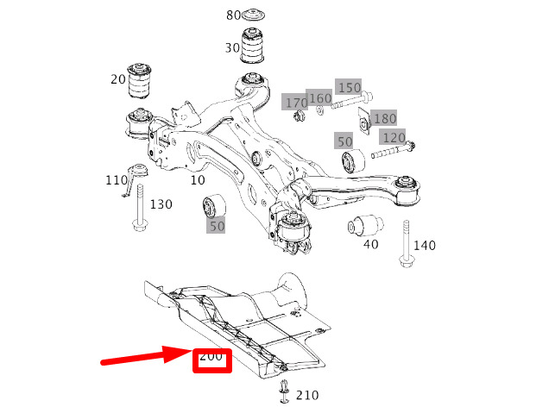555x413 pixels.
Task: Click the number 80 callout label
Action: pos(233,16)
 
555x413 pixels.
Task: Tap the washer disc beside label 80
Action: pos(253,15)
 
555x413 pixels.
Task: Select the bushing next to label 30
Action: pos(253,46)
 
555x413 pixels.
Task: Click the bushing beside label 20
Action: pos(139,80)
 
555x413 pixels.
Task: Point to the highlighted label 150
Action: pos(350,88)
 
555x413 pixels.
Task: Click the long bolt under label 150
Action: pos(351,100)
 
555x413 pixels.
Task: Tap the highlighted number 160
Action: pos(320,98)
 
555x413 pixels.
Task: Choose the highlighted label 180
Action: pos(385,118)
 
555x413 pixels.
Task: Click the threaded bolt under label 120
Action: pos(393,150)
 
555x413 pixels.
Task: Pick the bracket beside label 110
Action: pos(135,178)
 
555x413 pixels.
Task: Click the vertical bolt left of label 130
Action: pos(140,207)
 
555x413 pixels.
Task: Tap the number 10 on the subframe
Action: pos(198,180)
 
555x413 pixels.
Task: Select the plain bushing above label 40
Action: pos(365,225)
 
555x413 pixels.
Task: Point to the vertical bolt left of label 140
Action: pos(407,244)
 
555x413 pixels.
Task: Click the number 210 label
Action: pos(307,395)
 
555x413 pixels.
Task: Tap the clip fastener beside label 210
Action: pos(284,391)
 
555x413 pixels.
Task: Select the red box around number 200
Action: pos(212,360)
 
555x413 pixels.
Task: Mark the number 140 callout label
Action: pos(425,246)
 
